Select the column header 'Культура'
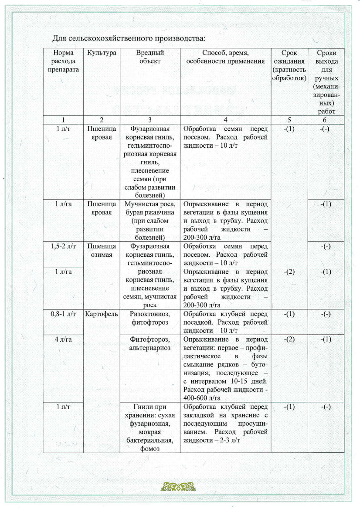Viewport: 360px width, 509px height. (102, 53)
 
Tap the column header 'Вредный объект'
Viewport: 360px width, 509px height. (150, 57)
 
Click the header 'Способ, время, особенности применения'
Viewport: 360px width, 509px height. (225, 57)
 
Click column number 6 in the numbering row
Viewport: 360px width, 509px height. (326, 119)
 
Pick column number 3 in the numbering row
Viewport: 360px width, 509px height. (150, 119)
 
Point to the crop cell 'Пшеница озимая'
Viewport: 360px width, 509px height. (102, 250)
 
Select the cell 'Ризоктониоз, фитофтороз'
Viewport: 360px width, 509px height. (150, 318)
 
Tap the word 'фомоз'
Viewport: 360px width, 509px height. (150, 448)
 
